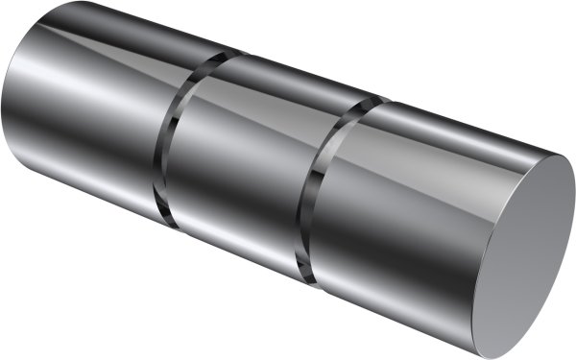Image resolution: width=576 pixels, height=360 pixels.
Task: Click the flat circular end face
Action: (x=528, y=254)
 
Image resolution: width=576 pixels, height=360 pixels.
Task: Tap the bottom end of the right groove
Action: (x=313, y=279)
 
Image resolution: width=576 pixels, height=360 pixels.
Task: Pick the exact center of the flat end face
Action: (x=528, y=254)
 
